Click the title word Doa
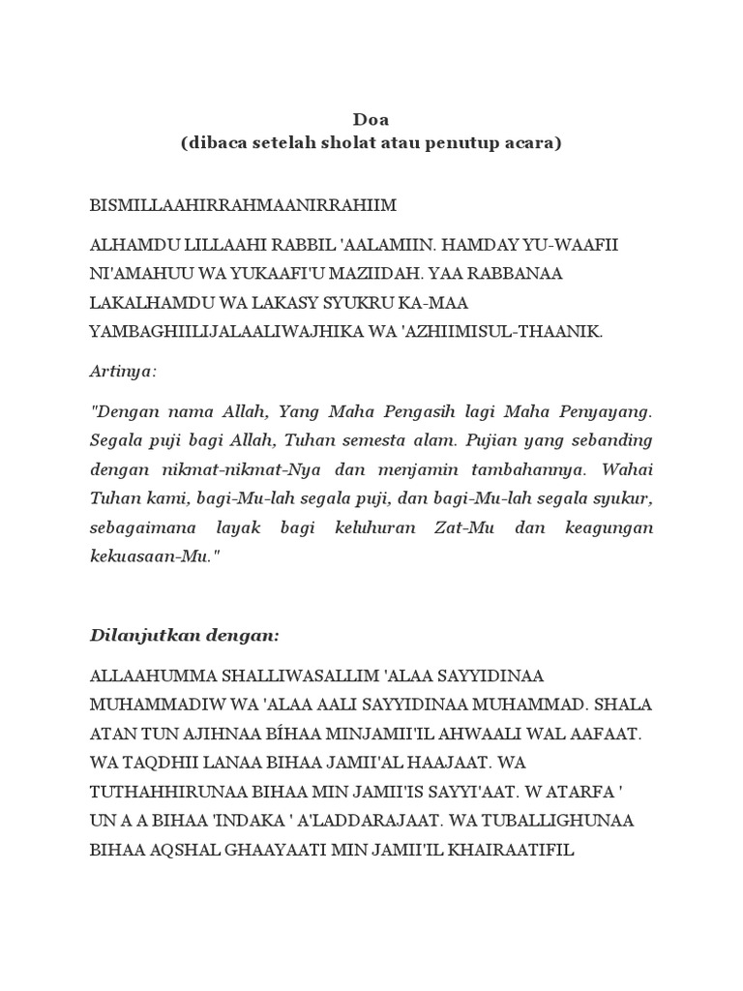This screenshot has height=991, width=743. (x=371, y=119)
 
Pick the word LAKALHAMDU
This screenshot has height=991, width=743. (x=153, y=303)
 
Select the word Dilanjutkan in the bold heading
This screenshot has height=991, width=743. (x=141, y=636)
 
